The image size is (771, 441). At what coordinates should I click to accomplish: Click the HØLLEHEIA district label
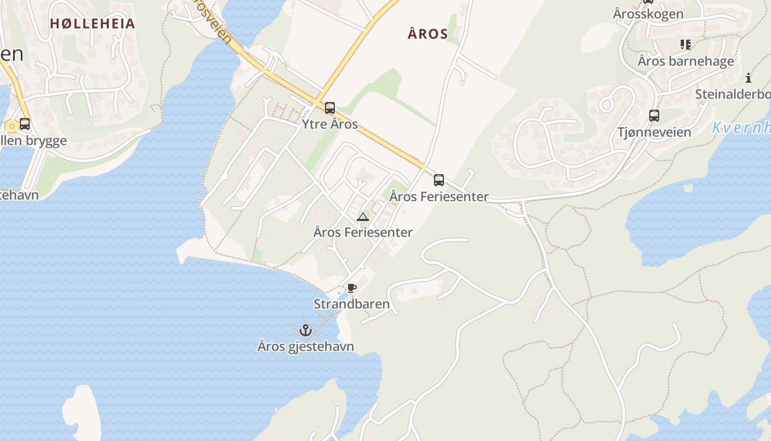[x=92, y=23]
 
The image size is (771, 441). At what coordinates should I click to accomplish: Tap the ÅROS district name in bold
[x=427, y=34]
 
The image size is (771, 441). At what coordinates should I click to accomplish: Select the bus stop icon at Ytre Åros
[x=329, y=108]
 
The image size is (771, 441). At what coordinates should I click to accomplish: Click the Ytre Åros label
[x=329, y=124]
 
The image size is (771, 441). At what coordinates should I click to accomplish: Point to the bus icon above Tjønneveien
[x=654, y=116]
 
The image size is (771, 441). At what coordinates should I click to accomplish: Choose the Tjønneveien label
[x=654, y=132]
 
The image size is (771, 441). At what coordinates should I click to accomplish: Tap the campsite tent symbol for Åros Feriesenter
[x=362, y=217]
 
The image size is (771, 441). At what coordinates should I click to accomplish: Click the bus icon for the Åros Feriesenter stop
[x=438, y=180]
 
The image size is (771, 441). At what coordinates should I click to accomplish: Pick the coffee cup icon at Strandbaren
[x=351, y=288]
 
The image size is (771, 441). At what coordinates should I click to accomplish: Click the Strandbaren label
[x=351, y=304]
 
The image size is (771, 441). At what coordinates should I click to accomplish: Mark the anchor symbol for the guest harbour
[x=305, y=330]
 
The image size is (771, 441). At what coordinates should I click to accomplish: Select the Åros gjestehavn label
[x=305, y=346]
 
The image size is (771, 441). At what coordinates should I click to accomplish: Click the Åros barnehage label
[x=686, y=61]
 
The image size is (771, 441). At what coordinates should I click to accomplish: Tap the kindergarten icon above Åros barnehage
[x=685, y=44]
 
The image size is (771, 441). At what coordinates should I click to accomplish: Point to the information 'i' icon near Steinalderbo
[x=748, y=78]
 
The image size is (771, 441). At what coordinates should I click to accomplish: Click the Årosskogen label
[x=648, y=14]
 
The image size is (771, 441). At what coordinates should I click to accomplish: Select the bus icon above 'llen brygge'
[x=24, y=124]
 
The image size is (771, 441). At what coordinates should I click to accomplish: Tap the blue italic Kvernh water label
[x=741, y=128]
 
